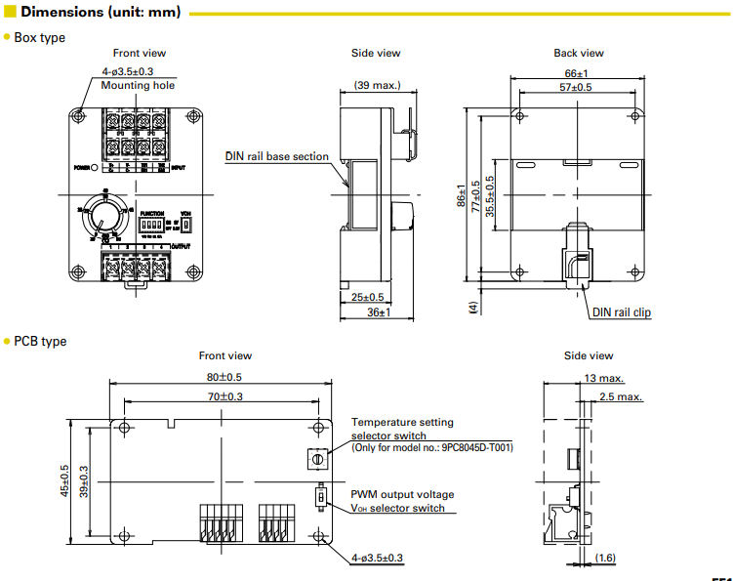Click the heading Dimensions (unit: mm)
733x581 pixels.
click(x=102, y=14)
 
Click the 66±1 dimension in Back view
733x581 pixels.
click(x=576, y=74)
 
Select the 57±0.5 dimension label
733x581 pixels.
click(x=575, y=88)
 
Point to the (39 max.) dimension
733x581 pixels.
click(x=377, y=85)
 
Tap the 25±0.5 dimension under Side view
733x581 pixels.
click(x=366, y=297)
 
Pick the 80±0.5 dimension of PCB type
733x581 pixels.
click(x=223, y=376)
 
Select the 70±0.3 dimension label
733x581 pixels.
click(x=223, y=395)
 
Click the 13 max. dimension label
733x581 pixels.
click(x=604, y=378)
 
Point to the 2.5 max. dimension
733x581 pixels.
click(x=622, y=396)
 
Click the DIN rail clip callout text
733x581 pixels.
click(x=622, y=312)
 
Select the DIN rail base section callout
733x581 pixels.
click(x=277, y=156)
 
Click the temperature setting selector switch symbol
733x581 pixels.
click(x=315, y=459)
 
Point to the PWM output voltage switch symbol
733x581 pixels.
click(x=319, y=498)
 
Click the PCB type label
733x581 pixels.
click(x=40, y=341)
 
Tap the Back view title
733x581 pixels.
click(x=578, y=53)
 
